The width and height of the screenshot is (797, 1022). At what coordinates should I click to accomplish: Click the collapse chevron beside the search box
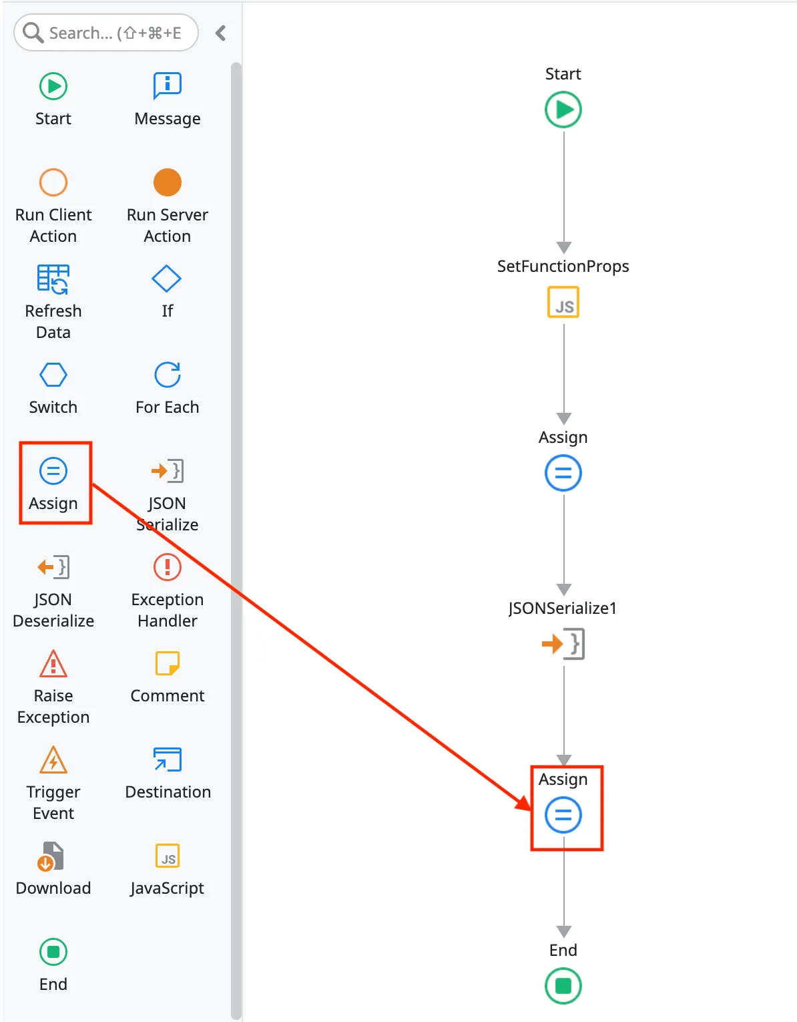221,33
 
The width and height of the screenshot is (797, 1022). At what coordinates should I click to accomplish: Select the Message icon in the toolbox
167,86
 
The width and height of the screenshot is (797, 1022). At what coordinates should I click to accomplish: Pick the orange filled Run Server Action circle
167,182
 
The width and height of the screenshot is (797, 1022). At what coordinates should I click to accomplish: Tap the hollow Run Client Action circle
53,182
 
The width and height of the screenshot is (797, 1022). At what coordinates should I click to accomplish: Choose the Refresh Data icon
53,279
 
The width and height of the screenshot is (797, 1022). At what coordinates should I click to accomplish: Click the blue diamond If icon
167,279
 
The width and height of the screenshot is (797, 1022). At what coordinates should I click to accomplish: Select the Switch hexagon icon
53,375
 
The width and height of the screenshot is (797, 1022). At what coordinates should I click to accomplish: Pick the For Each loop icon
167,375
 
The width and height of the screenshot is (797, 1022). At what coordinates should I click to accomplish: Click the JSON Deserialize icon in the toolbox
53,567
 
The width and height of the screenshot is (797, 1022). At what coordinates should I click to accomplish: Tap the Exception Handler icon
167,567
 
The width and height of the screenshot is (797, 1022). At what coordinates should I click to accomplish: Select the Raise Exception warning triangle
53,663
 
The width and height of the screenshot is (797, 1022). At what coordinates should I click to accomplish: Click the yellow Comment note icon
167,663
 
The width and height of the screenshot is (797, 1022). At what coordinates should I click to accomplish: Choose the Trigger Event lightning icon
53,759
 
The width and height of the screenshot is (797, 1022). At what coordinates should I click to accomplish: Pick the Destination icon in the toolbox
167,759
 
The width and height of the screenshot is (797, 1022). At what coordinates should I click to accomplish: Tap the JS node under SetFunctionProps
563,302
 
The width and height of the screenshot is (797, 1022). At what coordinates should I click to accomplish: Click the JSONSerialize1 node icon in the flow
563,644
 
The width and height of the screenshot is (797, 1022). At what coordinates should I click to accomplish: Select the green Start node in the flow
563,110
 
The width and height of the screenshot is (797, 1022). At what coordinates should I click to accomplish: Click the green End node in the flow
563,986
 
